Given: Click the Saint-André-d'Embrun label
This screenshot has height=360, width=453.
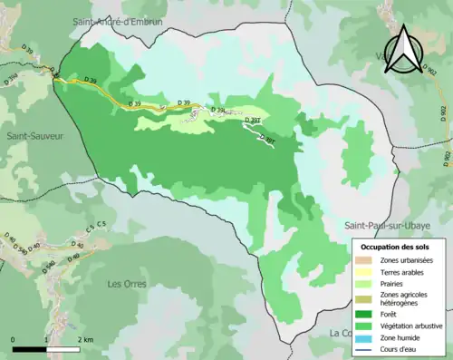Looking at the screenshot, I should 119,19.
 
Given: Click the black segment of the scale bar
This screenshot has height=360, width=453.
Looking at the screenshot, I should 31,347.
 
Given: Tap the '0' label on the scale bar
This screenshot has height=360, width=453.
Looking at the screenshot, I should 13,338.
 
